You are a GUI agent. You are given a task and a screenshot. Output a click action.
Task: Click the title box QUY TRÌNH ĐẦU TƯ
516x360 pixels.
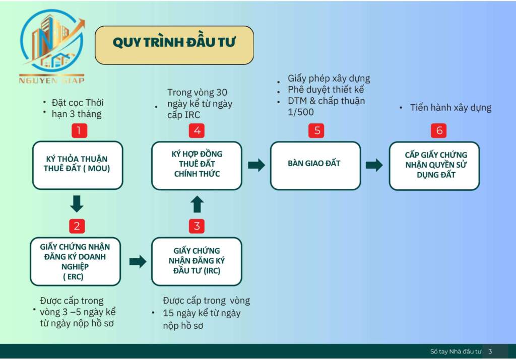[174, 45]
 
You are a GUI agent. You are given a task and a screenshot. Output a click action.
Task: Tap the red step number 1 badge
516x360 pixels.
[79, 131]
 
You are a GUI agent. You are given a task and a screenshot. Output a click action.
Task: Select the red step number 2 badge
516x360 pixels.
[77, 226]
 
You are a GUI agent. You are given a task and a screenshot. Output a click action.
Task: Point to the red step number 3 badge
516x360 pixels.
[197, 226]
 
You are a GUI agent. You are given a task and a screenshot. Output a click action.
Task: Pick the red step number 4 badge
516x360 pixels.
[197, 131]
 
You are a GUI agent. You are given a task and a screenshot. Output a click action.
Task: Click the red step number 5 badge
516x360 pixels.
[317, 131]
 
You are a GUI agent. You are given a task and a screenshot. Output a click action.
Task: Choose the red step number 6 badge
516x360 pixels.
[439, 131]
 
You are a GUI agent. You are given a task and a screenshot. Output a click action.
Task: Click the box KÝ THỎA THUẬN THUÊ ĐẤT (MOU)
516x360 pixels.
[78, 165]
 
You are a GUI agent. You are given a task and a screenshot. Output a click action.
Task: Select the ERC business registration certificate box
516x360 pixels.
[75, 261]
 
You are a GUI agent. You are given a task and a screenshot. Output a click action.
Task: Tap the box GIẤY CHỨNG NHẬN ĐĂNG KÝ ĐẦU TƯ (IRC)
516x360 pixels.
[197, 261]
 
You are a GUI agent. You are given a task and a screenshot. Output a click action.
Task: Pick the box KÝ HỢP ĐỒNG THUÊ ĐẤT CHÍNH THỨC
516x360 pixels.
[197, 165]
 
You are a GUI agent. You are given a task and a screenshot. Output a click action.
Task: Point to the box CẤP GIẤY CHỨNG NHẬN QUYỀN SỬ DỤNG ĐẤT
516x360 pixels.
[434, 165]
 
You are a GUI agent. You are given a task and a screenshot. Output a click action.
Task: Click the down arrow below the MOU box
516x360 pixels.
[77, 204]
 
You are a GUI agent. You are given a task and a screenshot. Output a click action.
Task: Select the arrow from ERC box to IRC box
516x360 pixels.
[137, 261]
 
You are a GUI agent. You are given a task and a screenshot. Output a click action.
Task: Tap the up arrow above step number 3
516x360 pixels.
[197, 204]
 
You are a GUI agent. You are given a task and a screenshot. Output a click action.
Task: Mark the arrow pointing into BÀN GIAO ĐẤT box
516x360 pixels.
[256, 165]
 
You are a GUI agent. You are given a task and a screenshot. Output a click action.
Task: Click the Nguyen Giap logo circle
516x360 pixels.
[51, 42]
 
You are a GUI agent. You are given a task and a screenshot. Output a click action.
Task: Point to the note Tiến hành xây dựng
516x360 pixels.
[450, 108]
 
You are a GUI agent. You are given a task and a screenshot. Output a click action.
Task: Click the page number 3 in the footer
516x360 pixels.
[490, 351]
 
